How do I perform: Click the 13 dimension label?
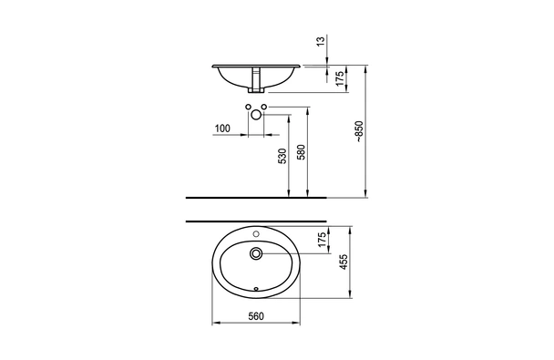pos(321,41)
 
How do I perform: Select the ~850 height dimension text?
pos(359,131)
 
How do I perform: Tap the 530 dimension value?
pos(282,156)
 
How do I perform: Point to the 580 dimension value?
pos(301,152)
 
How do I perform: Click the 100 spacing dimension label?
pos(222,129)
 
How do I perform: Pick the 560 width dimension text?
pos(256,316)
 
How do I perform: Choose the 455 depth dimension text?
pos(344,262)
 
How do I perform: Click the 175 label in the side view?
pos(339,78)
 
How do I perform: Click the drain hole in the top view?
pos(256,253)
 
